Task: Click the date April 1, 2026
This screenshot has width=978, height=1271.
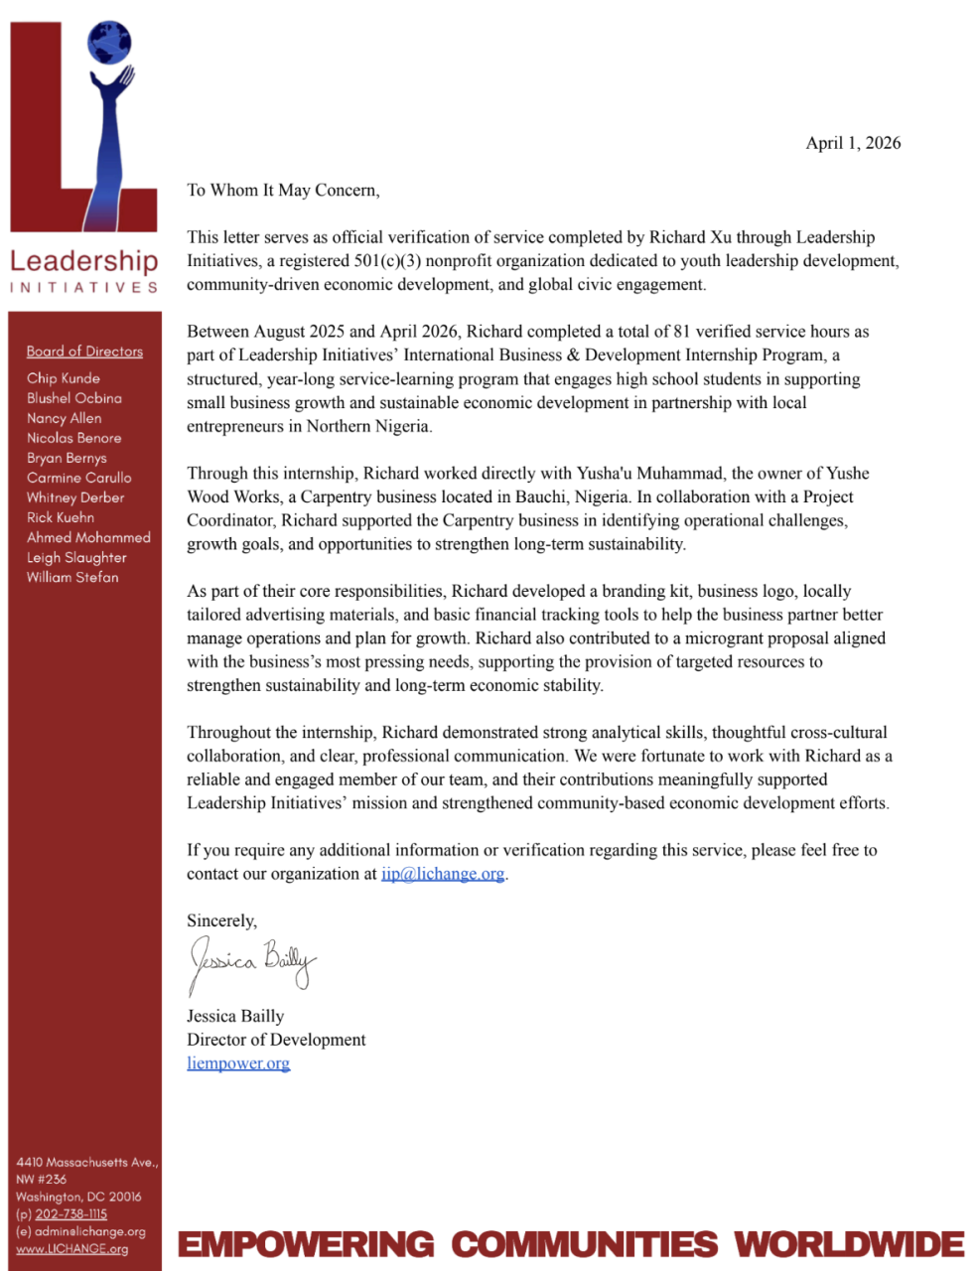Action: (853, 143)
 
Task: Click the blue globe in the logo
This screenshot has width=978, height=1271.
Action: (109, 43)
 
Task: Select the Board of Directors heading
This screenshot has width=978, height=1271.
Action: (84, 352)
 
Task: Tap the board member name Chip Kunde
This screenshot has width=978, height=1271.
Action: (64, 378)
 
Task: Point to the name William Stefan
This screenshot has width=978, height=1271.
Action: (72, 577)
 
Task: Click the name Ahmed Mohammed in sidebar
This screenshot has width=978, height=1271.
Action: (88, 537)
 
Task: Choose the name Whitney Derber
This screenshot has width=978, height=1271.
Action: (75, 497)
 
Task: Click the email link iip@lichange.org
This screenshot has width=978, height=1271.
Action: (443, 874)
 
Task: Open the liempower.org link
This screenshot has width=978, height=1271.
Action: (238, 1063)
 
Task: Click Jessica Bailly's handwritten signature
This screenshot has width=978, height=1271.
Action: (252, 962)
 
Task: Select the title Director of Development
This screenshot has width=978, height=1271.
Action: (276, 1040)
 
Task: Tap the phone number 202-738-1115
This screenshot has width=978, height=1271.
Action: (70, 1214)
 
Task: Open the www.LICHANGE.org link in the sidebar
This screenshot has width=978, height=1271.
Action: (71, 1249)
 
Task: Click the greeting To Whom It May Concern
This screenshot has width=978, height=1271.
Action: (283, 191)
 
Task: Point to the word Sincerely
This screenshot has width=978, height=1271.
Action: (221, 921)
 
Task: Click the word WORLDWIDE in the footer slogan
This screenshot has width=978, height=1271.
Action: (849, 1244)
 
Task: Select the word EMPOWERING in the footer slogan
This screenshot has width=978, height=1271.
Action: (306, 1244)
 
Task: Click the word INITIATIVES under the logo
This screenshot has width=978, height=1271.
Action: (83, 288)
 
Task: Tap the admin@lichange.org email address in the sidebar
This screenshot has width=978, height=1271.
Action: (89, 1231)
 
